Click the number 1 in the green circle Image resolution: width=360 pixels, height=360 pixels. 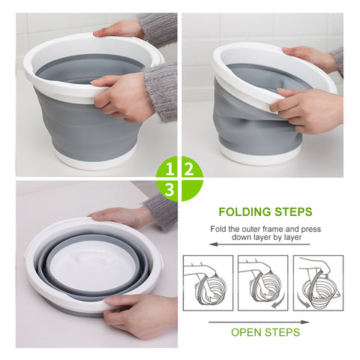171,167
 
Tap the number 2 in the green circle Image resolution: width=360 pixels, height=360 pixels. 188,167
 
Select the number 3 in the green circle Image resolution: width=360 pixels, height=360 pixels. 171,190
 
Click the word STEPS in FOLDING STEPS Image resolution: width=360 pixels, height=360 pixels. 292,212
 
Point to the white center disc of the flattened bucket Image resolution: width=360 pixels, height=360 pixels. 93,262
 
